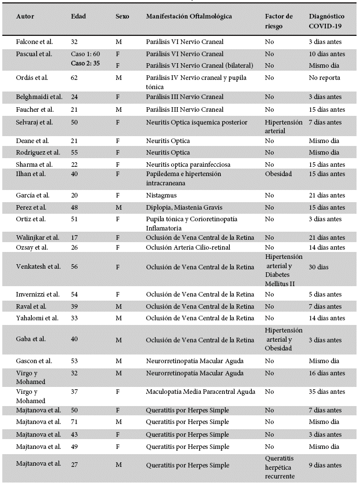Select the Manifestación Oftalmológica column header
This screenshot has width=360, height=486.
tap(189, 16)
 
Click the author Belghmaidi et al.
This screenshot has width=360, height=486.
tap(40, 96)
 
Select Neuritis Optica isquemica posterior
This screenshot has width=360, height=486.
tap(196, 122)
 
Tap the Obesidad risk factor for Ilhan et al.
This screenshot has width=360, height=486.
tap(278, 174)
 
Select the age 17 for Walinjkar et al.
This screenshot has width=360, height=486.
tap(74, 237)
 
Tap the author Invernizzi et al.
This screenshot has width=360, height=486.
tap(38, 295)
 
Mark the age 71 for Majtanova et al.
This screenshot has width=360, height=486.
tap(74, 422)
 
